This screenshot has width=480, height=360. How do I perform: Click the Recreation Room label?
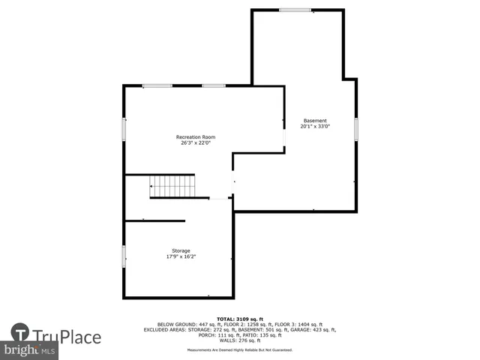(x=196, y=136)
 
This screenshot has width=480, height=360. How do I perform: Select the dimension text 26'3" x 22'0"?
(x=196, y=143)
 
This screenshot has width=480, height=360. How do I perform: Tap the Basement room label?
(x=315, y=121)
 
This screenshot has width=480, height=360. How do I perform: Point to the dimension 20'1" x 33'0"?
(x=315, y=127)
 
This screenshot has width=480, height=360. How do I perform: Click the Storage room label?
(x=181, y=250)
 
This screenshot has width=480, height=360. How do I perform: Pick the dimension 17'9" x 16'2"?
(x=181, y=256)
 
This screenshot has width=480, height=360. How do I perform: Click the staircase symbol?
(x=172, y=185)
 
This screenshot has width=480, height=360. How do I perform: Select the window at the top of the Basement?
(x=295, y=10)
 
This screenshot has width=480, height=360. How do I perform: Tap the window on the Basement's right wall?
(x=357, y=130)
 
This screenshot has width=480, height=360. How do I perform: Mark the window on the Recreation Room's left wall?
(x=124, y=128)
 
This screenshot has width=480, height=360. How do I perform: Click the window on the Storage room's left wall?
(x=124, y=256)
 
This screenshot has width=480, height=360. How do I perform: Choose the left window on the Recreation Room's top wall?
(x=157, y=85)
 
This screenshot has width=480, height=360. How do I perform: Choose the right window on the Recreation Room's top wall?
(x=214, y=85)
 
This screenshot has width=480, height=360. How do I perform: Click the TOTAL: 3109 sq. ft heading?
(x=240, y=319)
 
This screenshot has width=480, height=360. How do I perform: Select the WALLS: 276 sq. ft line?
(x=240, y=340)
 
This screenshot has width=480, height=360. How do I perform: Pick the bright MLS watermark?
(x=30, y=350)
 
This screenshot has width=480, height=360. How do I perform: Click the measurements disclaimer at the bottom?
(x=240, y=350)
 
